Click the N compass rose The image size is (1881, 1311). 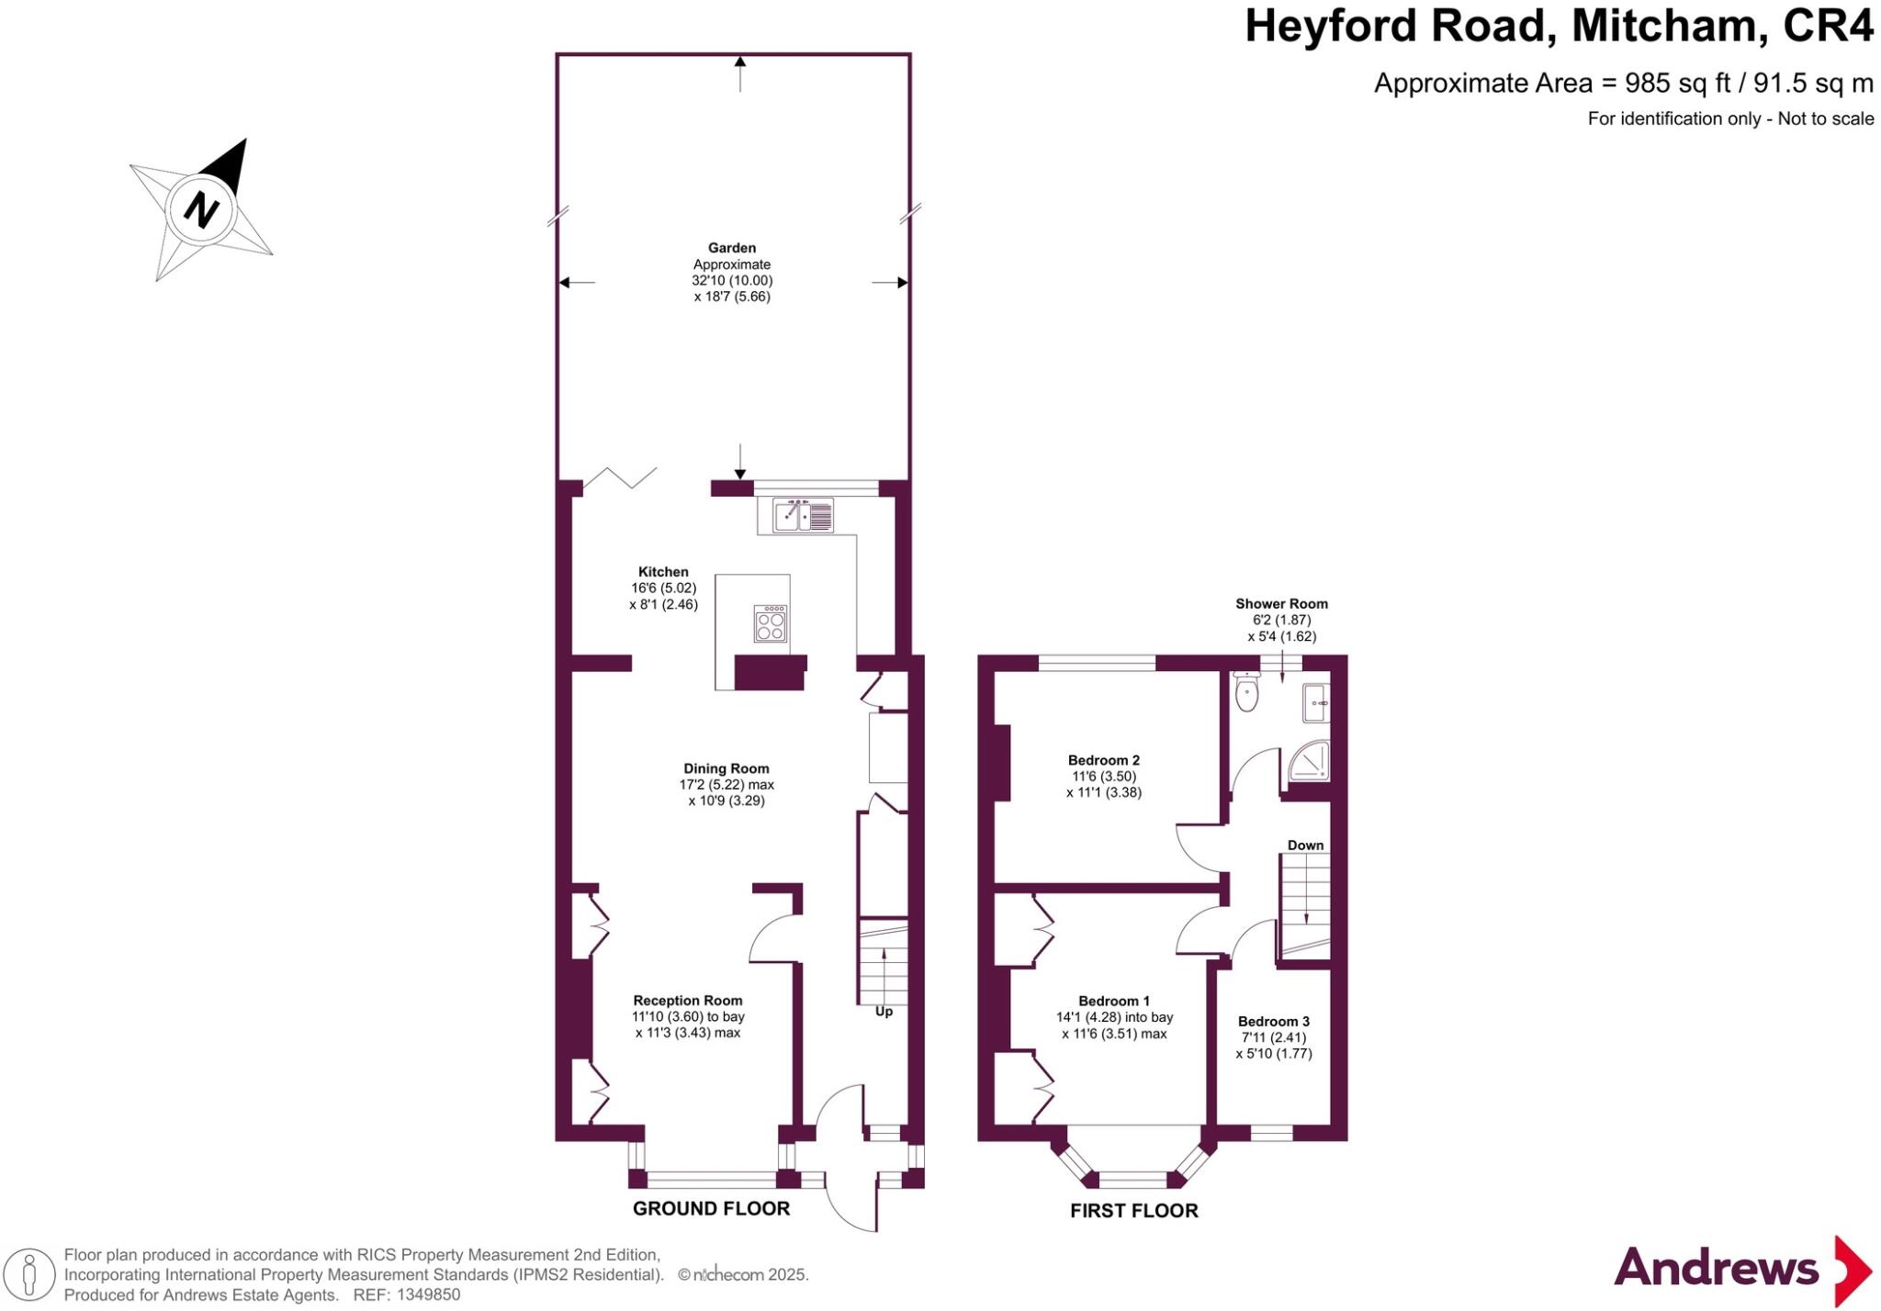click(201, 209)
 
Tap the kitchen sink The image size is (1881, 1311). click(803, 515)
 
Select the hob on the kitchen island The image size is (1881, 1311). click(771, 622)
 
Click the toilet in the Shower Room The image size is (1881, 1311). click(1246, 692)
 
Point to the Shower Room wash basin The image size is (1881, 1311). click(1316, 702)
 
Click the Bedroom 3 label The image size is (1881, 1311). click(1273, 1021)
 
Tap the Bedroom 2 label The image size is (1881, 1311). click(1103, 760)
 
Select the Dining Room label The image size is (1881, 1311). click(726, 768)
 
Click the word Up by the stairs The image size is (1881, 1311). click(884, 1011)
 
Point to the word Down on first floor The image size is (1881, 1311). click(1305, 845)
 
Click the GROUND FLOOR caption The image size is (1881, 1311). click(711, 1208)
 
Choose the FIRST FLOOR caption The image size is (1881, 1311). click(1133, 1211)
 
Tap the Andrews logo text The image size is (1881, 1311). click(1716, 1269)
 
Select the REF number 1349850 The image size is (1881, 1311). click(427, 1294)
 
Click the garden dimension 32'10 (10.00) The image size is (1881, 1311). click(732, 280)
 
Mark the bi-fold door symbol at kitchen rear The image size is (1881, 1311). click(621, 477)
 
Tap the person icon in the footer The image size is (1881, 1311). click(29, 1274)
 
